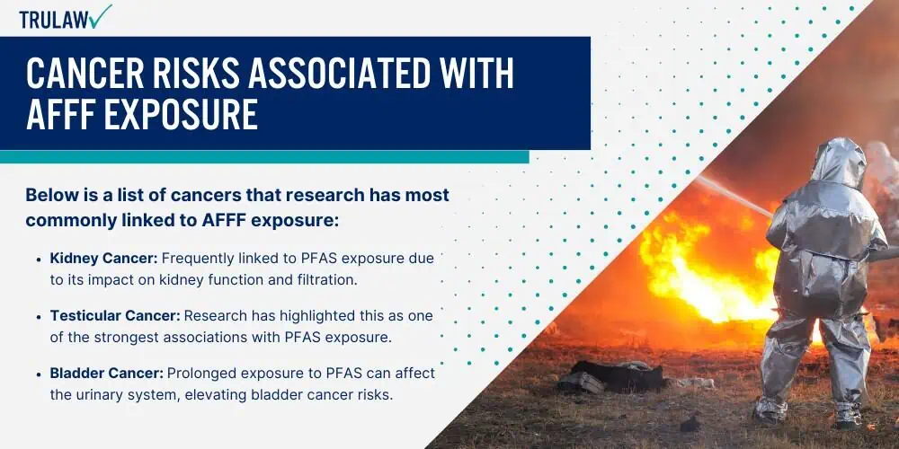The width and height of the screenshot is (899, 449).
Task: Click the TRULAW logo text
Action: click(x=54, y=19)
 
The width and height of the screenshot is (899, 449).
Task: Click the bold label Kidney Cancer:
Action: click(x=103, y=259)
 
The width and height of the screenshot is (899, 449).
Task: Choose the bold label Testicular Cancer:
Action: click(x=115, y=315)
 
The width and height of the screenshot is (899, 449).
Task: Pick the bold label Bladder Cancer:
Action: click(x=107, y=374)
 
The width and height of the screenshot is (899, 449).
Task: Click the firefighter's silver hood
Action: click(x=838, y=163)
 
